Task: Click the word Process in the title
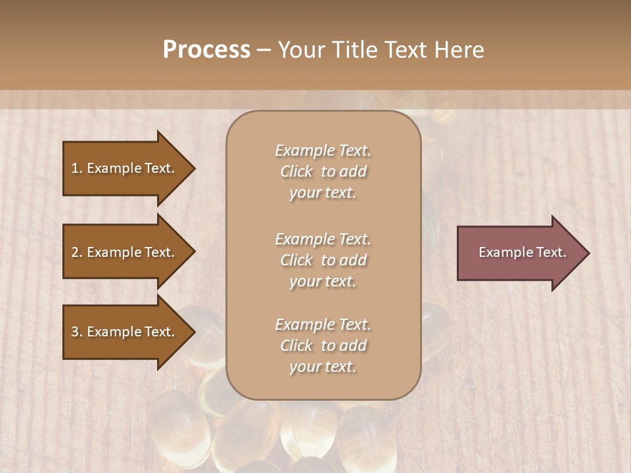[206, 49]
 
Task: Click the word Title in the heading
[355, 49]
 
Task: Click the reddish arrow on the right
[519, 253]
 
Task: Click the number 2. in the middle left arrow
[77, 252]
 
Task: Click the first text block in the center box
[323, 171]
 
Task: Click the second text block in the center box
[323, 260]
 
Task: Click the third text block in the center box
[323, 346]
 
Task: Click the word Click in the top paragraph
[296, 171]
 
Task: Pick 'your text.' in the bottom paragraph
[323, 367]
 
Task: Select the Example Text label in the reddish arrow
[522, 252]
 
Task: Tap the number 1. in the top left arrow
[77, 168]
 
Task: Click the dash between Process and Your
[264, 50]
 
